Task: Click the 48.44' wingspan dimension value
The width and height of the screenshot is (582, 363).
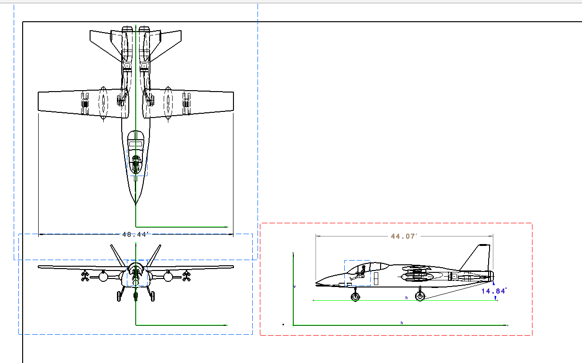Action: point(135,234)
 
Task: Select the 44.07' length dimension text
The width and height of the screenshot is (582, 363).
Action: point(404,236)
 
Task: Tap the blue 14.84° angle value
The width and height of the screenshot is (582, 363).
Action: point(494,291)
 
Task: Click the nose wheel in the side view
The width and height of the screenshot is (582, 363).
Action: point(355,296)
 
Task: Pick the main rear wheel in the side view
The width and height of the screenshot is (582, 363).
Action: point(419,296)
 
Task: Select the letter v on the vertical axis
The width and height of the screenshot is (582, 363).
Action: point(295,287)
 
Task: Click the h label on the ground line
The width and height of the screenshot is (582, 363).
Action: point(406,298)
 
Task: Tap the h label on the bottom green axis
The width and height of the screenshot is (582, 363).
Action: point(402,322)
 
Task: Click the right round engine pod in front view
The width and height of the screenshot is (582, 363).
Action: point(168,277)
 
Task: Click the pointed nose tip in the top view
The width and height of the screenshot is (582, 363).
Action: point(136,203)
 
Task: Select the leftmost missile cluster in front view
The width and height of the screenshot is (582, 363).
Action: point(85,276)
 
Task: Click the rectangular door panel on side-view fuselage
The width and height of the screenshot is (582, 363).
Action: point(376,279)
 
